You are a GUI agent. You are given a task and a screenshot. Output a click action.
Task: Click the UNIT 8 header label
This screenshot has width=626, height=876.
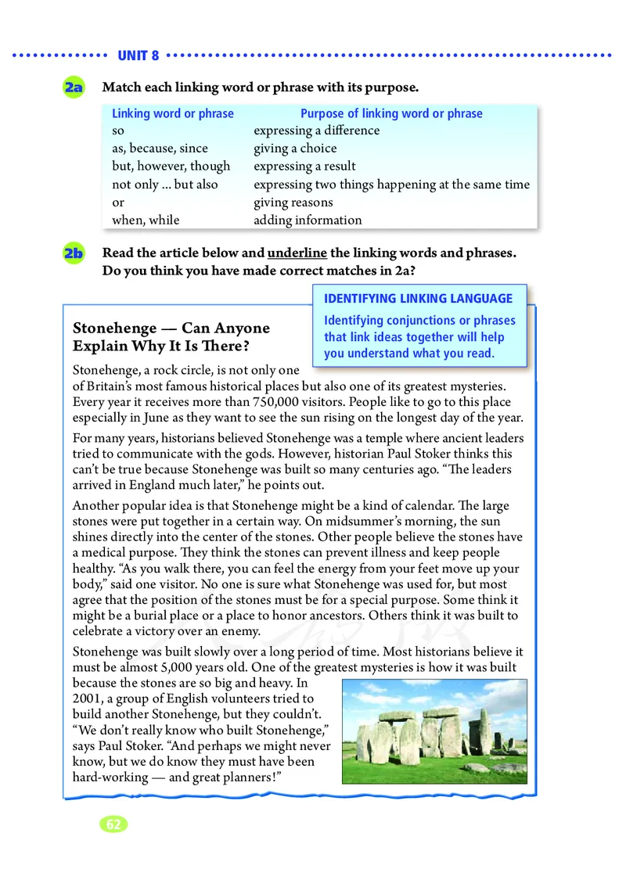click(139, 56)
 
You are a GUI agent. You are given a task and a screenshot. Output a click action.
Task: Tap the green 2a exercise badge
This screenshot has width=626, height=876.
click(75, 88)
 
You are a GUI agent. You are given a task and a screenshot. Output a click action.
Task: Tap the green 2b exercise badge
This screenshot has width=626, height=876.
click(74, 254)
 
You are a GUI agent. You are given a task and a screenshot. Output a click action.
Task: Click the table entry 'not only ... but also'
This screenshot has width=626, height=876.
click(165, 185)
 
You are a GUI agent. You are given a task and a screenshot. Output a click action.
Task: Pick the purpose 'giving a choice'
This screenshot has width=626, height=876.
click(295, 149)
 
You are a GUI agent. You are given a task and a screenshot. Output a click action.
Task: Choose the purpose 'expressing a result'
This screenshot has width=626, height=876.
click(304, 167)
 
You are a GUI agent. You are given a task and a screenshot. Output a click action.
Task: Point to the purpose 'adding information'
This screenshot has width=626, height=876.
click(308, 221)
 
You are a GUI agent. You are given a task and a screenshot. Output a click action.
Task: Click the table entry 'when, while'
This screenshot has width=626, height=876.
click(146, 221)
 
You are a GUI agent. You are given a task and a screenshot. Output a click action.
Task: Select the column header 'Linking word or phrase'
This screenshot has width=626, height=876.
click(173, 113)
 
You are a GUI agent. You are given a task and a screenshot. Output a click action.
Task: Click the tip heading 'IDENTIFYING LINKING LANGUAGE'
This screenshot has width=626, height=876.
click(419, 298)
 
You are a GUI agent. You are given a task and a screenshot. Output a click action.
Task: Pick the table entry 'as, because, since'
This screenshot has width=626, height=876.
click(160, 149)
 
